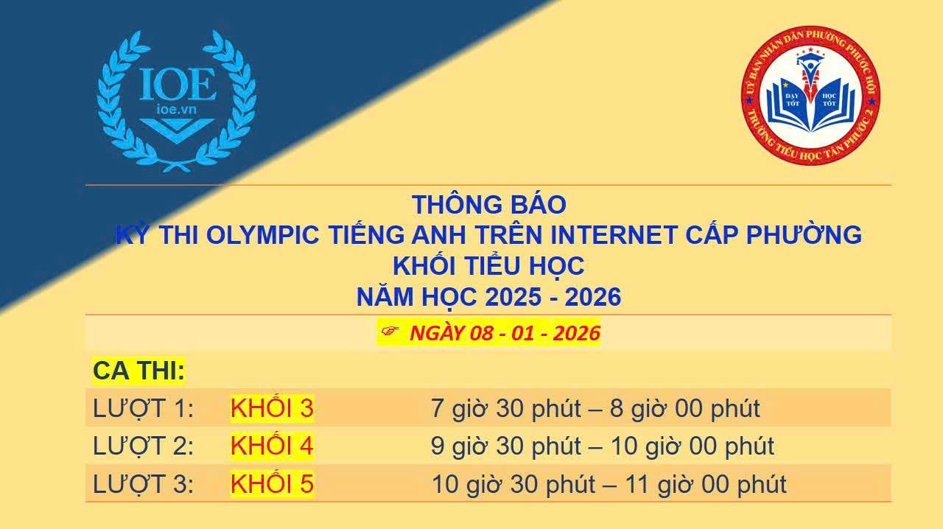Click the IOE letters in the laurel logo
[178, 85]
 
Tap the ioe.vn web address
[177, 110]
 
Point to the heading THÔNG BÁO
[488, 205]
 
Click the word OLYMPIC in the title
[263, 234]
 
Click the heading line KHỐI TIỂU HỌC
[488, 266]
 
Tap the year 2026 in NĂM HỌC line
[593, 297]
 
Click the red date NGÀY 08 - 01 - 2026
[505, 333]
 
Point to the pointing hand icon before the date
[390, 331]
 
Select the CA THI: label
[139, 371]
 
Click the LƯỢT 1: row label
[143, 408]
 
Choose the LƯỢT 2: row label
[143, 446]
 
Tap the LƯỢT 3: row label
[143, 484]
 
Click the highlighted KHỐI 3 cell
[272, 407]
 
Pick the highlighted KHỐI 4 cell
[272, 446]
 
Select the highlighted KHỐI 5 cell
[272, 483]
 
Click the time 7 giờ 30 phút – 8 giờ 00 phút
[595, 408]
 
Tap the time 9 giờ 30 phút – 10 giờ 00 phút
[603, 446]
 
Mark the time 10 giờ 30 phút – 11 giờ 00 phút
[609, 484]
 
